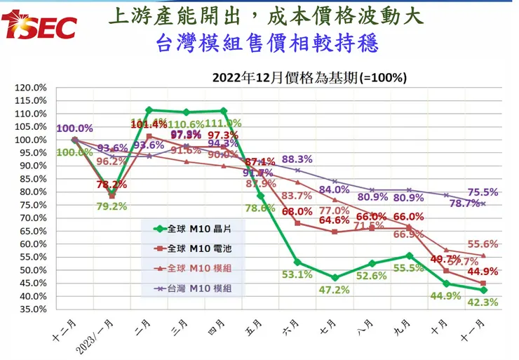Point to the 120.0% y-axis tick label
pos(29,88)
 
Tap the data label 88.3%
pos(296,159)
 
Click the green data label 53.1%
pos(298,274)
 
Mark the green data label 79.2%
pos(112,206)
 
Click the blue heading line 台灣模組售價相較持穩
pos(267,44)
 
